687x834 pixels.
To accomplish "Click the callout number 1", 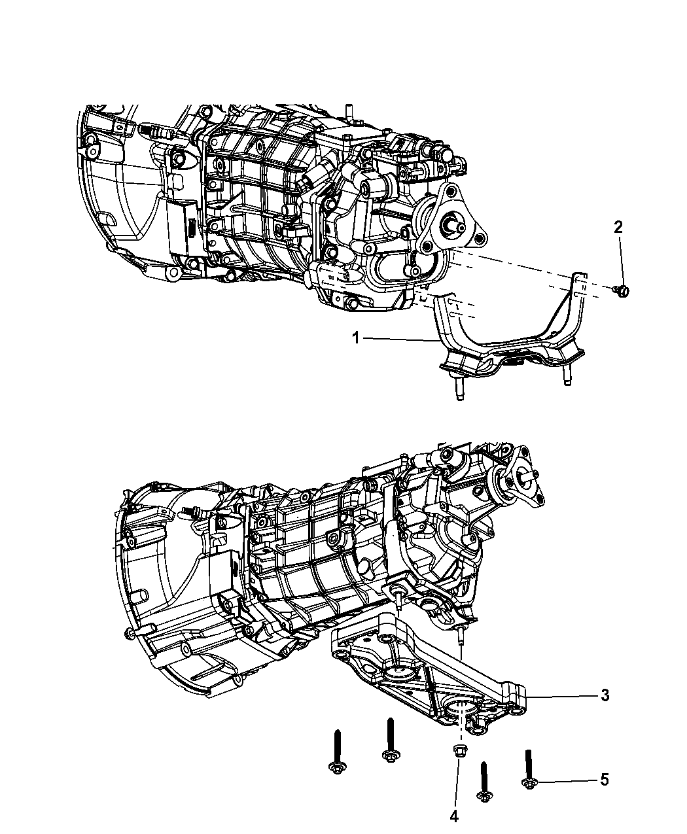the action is point(355,338).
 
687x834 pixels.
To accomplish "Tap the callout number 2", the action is point(618,227).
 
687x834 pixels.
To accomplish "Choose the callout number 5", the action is point(605,779).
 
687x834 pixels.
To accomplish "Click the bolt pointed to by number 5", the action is point(529,769).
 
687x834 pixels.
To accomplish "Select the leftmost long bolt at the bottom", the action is point(338,752).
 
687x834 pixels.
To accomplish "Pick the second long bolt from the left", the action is point(391,740).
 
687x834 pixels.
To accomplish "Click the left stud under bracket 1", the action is point(459,389).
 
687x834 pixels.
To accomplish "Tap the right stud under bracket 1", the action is point(567,376).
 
